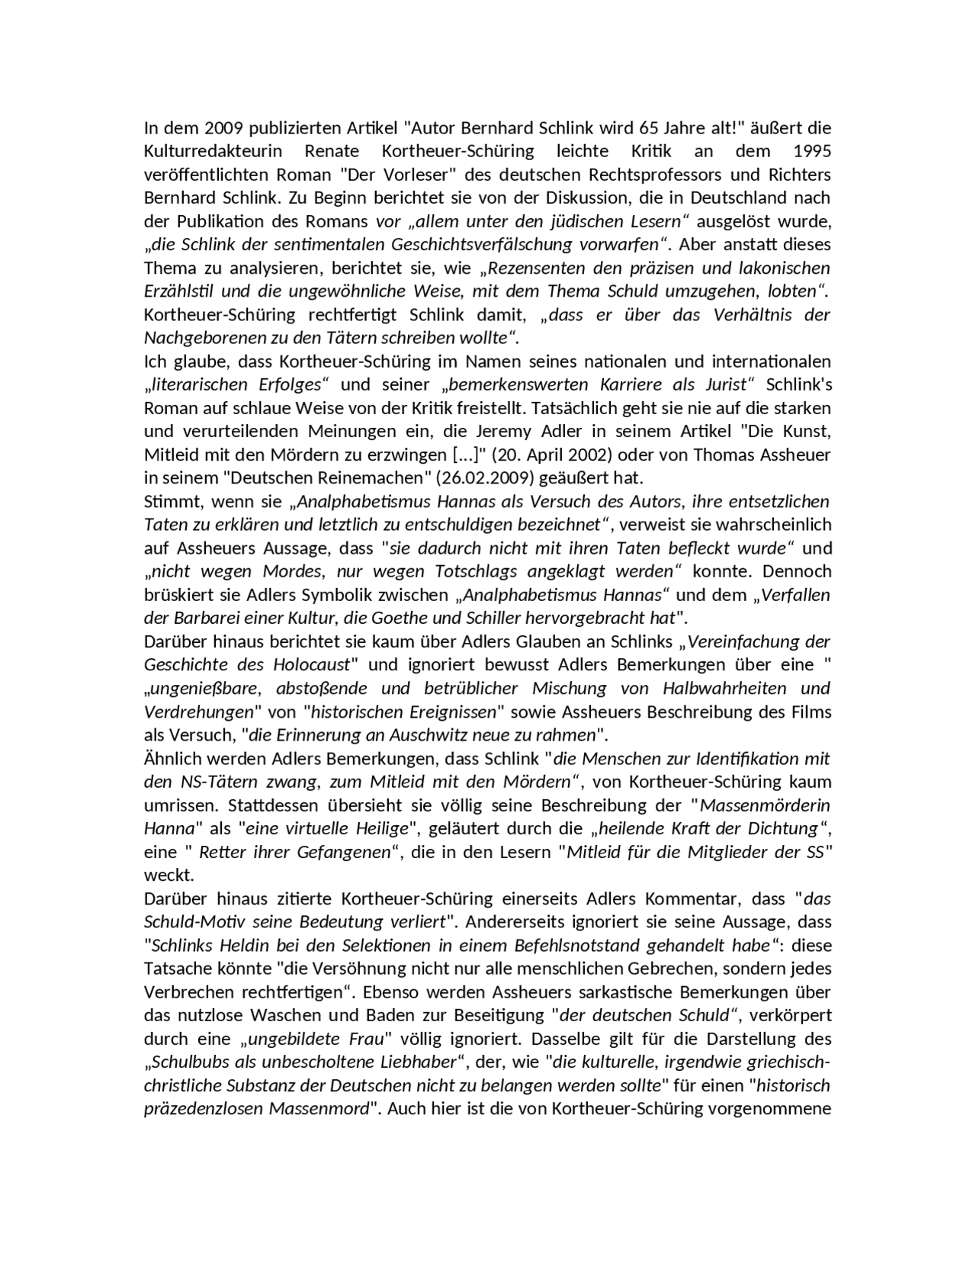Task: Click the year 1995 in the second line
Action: click(812, 150)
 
